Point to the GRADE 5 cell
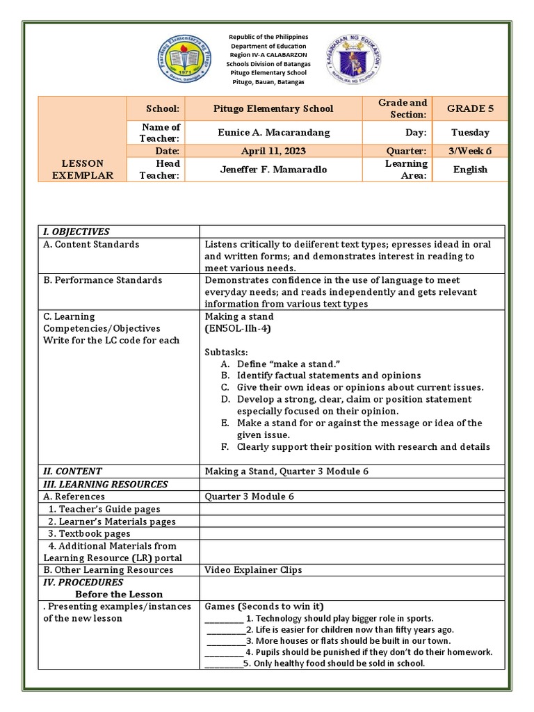click(470, 108)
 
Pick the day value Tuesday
click(470, 132)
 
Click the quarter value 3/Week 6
click(470, 151)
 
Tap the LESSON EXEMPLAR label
click(83, 169)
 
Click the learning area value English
click(470, 169)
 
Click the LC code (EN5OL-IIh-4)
click(237, 328)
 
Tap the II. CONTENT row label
click(72, 471)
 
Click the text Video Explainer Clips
click(253, 569)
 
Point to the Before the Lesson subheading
click(119, 594)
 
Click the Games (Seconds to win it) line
click(264, 606)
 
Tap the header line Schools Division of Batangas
click(268, 64)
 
